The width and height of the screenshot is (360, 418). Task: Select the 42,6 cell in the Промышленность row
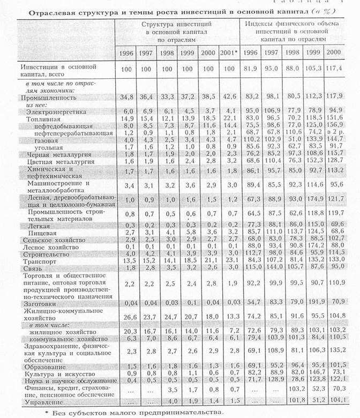click(227, 98)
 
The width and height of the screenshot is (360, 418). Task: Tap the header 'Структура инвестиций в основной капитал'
click(177, 31)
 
